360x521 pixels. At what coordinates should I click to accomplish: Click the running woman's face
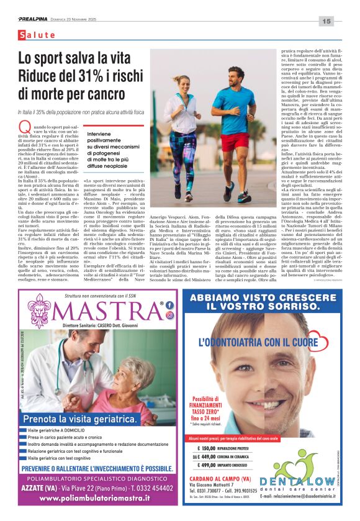(176, 83)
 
